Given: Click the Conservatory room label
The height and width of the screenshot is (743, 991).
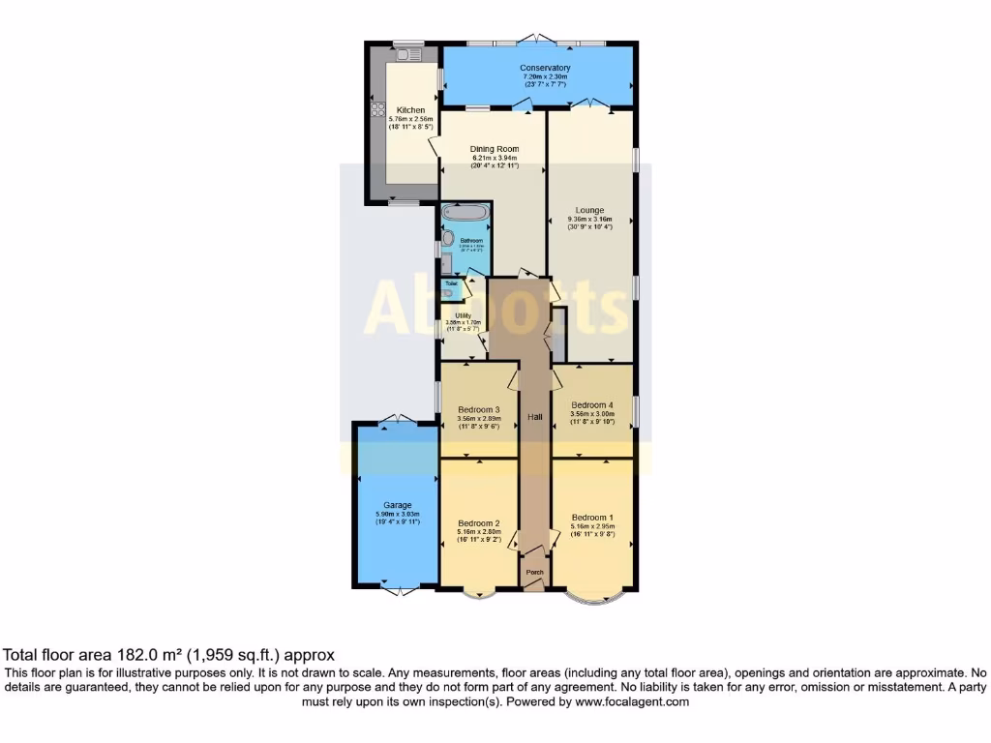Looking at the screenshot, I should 545,68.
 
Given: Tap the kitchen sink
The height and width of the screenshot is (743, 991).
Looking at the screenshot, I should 407,55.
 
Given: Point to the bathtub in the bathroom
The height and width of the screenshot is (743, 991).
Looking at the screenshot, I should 465,213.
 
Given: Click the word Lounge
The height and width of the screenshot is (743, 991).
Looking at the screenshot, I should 589,210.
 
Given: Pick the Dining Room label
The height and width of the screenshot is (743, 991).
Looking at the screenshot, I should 495,149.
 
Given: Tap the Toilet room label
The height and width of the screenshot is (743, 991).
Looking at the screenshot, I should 451,283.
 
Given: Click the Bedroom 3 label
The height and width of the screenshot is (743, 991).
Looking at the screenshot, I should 478,409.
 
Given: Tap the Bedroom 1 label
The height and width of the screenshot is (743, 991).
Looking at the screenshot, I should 592,517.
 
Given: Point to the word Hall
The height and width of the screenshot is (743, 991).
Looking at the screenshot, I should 534,417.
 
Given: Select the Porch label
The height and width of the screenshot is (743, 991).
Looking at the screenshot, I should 533,572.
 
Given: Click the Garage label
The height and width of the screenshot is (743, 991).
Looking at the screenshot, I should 397,505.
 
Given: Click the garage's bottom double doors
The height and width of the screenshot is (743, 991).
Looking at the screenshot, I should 397,589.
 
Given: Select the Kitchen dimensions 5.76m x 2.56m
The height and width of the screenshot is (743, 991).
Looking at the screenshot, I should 409,119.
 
